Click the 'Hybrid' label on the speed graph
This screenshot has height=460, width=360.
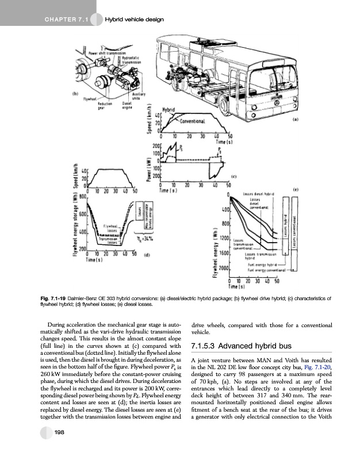[171, 109]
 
